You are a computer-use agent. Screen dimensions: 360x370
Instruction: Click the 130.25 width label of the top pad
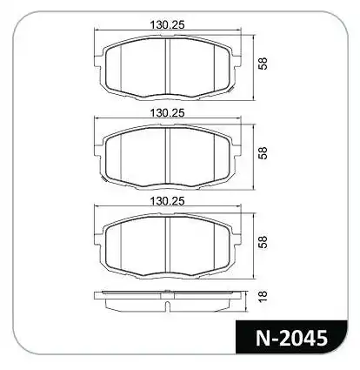coord(167,25)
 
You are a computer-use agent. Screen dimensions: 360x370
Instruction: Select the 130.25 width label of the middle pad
coord(167,113)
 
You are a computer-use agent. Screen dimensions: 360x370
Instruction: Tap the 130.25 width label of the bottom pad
coord(167,201)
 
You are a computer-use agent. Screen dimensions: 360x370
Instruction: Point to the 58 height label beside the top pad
coord(263,64)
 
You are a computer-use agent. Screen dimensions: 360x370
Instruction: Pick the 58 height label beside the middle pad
coord(263,153)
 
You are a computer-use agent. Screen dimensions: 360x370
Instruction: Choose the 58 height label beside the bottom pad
coord(263,242)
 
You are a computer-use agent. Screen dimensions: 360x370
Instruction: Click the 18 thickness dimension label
coord(263,296)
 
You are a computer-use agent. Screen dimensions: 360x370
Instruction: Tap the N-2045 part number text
coord(291,338)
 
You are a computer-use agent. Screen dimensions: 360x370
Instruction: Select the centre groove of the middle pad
coord(167,156)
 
